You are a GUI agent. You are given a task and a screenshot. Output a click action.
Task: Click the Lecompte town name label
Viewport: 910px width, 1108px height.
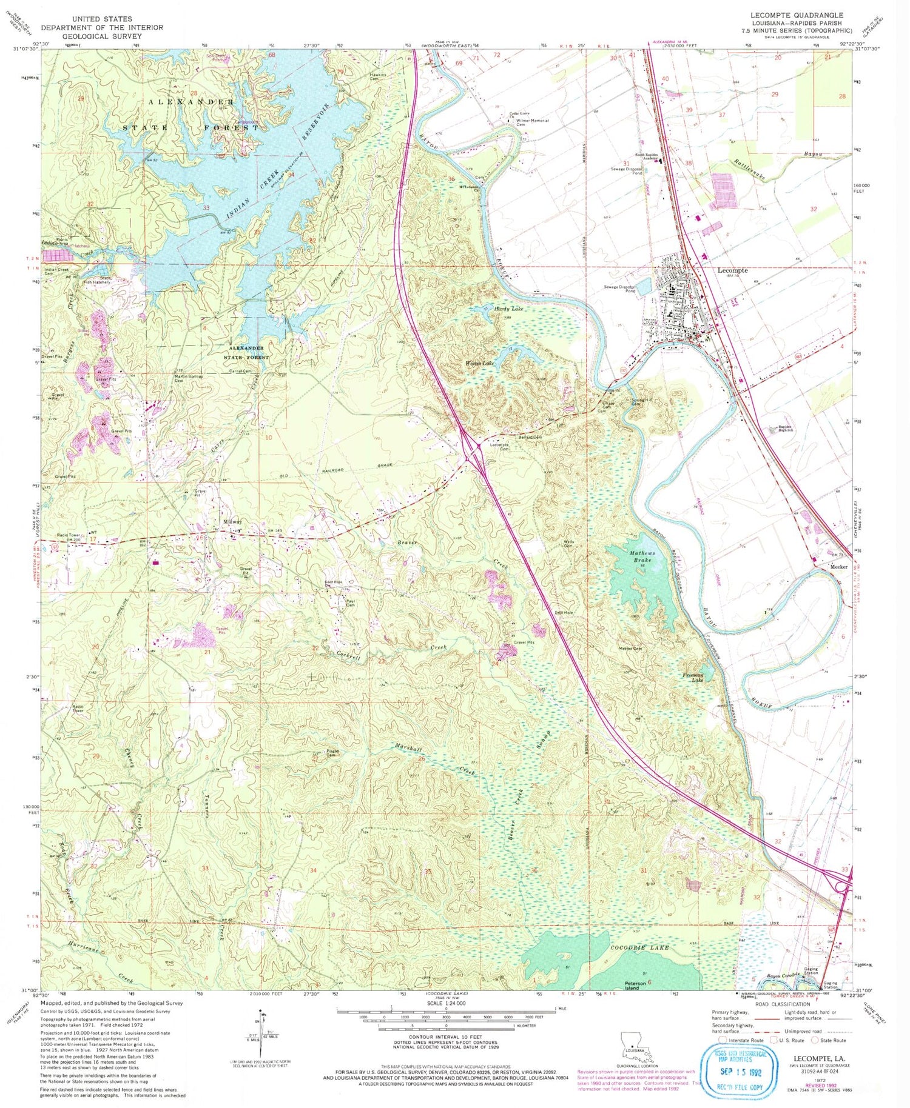[x=733, y=270]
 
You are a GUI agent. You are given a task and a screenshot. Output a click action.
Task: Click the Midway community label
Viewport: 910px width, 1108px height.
[x=232, y=522]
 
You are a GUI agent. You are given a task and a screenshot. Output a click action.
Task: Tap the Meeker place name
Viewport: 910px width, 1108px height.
[x=838, y=567]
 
